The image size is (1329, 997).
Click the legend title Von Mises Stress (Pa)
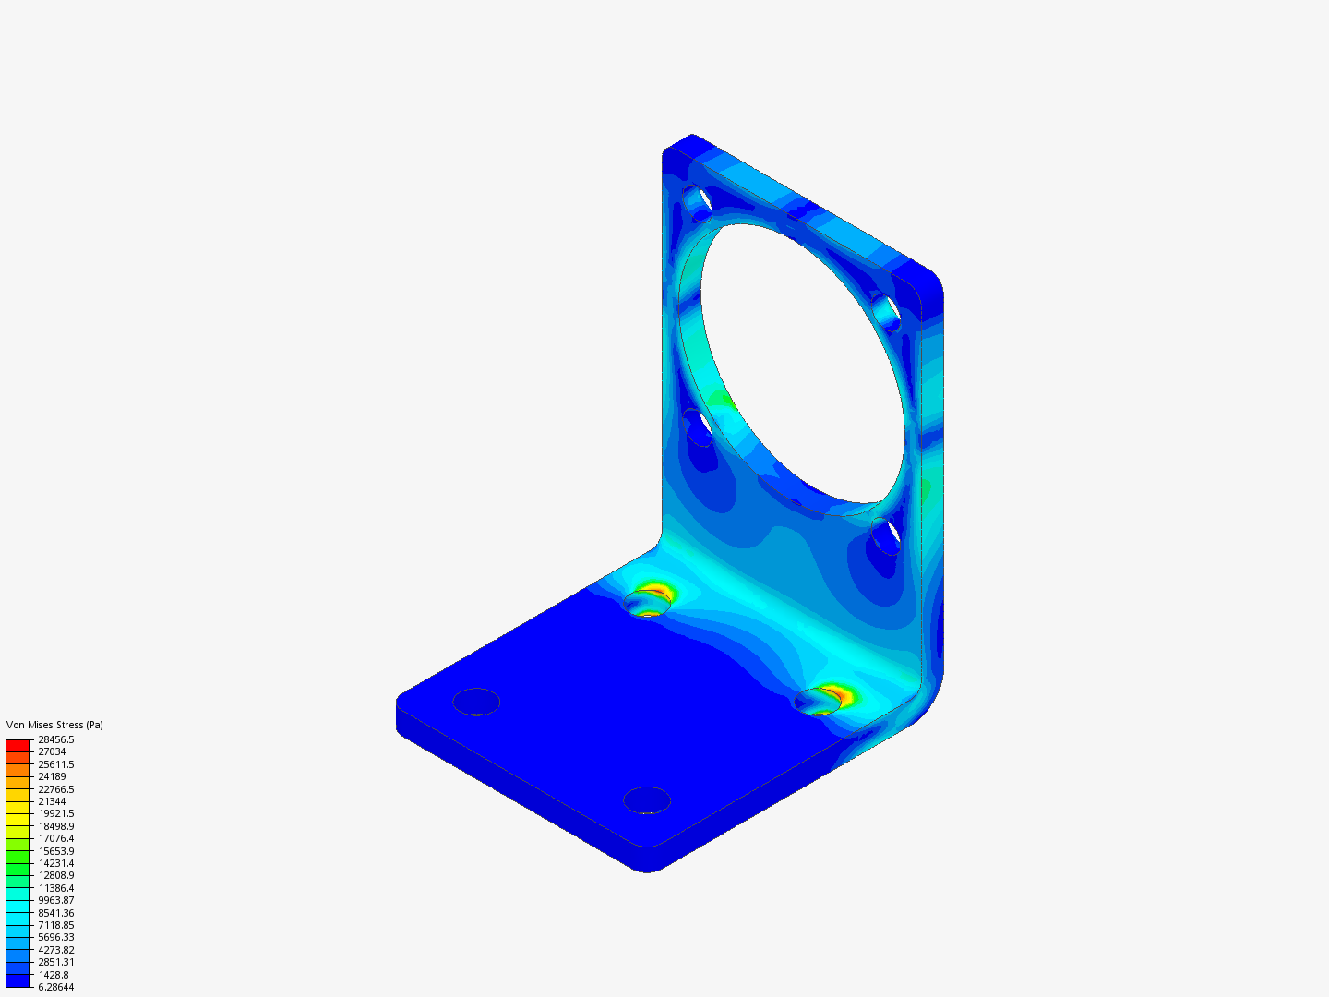[54, 725]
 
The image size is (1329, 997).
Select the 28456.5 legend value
[55, 739]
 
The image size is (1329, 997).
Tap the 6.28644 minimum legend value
[55, 987]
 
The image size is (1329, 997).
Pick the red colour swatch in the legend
[18, 745]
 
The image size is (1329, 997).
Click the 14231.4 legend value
[55, 863]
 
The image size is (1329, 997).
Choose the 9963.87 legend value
[55, 900]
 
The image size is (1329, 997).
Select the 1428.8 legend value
[53, 975]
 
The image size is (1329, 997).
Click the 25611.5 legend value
[55, 764]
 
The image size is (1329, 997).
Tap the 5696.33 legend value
[55, 937]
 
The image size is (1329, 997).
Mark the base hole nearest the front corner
[647, 799]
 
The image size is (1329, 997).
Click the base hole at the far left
[476, 702]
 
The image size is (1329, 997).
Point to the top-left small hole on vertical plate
[697, 199]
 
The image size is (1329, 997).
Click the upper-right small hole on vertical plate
[885, 310]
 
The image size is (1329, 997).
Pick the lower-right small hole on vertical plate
[886, 535]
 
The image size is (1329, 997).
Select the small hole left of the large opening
[699, 427]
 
